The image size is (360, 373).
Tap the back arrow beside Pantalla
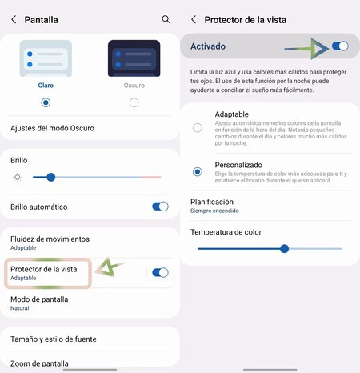(x=14, y=18)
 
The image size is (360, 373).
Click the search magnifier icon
(x=166, y=18)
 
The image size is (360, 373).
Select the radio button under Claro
(x=46, y=102)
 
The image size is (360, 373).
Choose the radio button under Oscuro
(x=134, y=102)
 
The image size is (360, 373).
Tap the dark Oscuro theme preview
(x=134, y=58)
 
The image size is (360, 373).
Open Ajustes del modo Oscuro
(x=52, y=128)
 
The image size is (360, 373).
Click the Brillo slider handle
(x=50, y=177)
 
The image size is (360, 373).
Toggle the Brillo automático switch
(x=160, y=207)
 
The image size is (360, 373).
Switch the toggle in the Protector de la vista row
(x=160, y=273)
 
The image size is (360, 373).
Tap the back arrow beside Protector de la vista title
(x=194, y=18)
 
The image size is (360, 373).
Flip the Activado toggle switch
(x=340, y=46)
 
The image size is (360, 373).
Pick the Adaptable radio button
(x=198, y=128)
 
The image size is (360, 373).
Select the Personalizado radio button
(x=198, y=171)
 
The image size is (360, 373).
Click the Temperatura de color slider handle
(x=284, y=249)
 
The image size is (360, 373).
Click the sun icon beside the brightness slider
(x=18, y=177)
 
